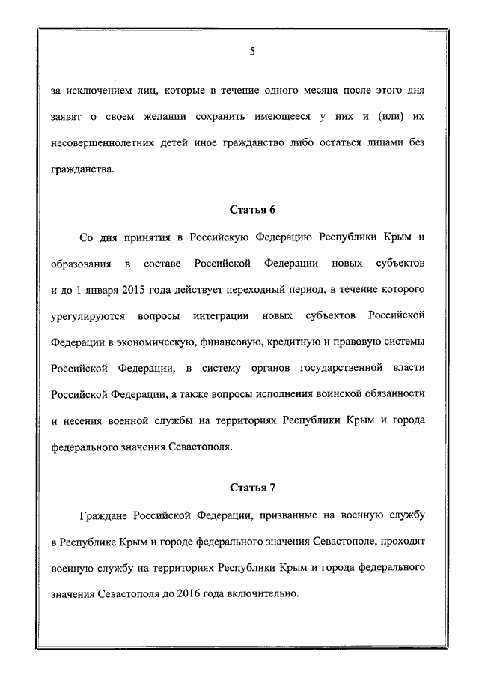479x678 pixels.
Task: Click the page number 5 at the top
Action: [x=252, y=52]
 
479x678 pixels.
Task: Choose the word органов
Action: [x=268, y=368]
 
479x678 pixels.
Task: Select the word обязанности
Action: [x=393, y=394]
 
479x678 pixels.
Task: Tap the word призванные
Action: [x=285, y=515]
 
